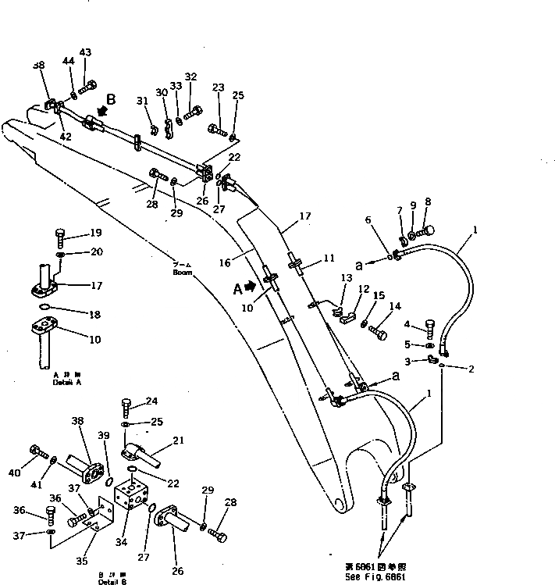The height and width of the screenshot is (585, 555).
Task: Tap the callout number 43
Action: [x=85, y=52]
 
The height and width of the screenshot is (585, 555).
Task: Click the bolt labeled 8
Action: [x=426, y=230]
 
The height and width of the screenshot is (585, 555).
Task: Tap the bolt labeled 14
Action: [x=379, y=332]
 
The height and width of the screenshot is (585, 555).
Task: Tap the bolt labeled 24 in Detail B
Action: [x=127, y=407]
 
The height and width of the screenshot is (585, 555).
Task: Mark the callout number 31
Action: [x=141, y=100]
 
